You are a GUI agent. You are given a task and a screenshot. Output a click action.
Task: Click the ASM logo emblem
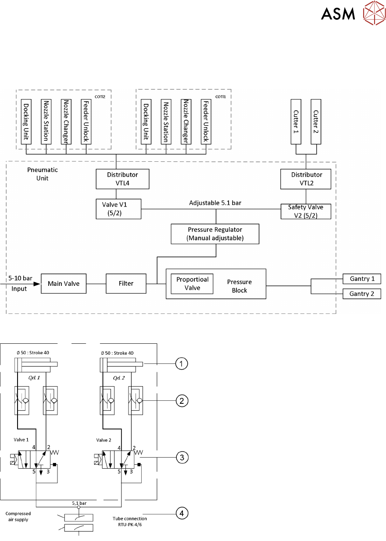coord(373,14)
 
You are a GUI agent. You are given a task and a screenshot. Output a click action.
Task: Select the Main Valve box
coord(64,284)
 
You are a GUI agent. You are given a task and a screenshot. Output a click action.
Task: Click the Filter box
coord(126,284)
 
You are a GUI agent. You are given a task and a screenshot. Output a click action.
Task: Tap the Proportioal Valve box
coord(192,284)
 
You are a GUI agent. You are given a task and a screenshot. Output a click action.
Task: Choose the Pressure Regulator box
coord(215,234)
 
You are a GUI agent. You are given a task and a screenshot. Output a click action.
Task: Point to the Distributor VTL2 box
coord(306,179)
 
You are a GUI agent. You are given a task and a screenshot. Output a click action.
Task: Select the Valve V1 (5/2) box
coord(118,209)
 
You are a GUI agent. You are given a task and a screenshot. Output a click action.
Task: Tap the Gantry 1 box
coord(362,278)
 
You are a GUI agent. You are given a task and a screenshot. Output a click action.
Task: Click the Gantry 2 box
coord(362,294)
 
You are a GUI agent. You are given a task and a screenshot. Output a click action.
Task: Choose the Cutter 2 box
coord(316,121)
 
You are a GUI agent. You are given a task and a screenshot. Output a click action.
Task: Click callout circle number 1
coord(182,363)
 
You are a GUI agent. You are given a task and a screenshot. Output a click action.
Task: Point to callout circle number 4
coord(182,512)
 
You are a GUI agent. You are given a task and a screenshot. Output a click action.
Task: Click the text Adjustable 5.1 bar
coord(214,203)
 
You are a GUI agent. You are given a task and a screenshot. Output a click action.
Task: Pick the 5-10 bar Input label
coord(18,283)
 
